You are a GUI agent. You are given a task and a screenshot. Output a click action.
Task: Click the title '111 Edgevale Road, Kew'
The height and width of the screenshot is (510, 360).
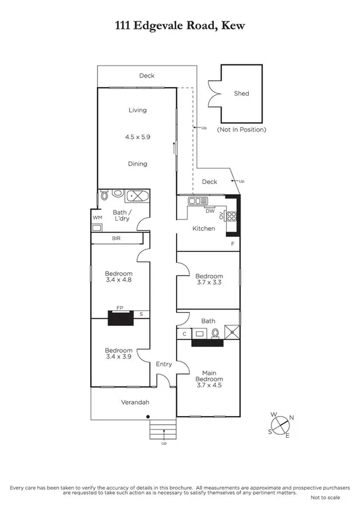tap(180, 25)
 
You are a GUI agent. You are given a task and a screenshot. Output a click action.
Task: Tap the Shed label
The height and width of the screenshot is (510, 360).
tap(241, 94)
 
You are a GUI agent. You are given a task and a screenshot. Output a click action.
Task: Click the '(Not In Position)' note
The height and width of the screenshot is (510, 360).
tap(242, 129)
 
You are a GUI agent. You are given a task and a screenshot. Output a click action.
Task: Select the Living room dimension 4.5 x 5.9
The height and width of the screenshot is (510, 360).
tap(137, 137)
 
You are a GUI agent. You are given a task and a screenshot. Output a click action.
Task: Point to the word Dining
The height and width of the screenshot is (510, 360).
tap(137, 164)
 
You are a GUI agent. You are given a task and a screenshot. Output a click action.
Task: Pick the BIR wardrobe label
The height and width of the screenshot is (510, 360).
tap(117, 239)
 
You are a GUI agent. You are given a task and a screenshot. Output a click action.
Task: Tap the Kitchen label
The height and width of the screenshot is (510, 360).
tap(203, 229)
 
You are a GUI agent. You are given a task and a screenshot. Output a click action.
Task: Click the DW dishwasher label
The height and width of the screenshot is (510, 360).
tap(210, 211)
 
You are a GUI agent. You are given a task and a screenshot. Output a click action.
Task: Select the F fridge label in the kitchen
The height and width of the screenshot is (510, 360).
tap(233, 243)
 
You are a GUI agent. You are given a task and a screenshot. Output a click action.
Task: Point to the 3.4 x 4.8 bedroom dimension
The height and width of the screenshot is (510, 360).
tap(118, 280)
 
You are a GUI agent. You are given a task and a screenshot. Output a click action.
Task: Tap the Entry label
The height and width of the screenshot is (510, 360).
tap(163, 364)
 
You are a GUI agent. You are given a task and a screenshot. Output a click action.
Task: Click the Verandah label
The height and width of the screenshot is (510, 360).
tap(133, 402)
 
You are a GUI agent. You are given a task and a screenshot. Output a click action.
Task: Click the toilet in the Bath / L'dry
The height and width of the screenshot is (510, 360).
tap(105, 195)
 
